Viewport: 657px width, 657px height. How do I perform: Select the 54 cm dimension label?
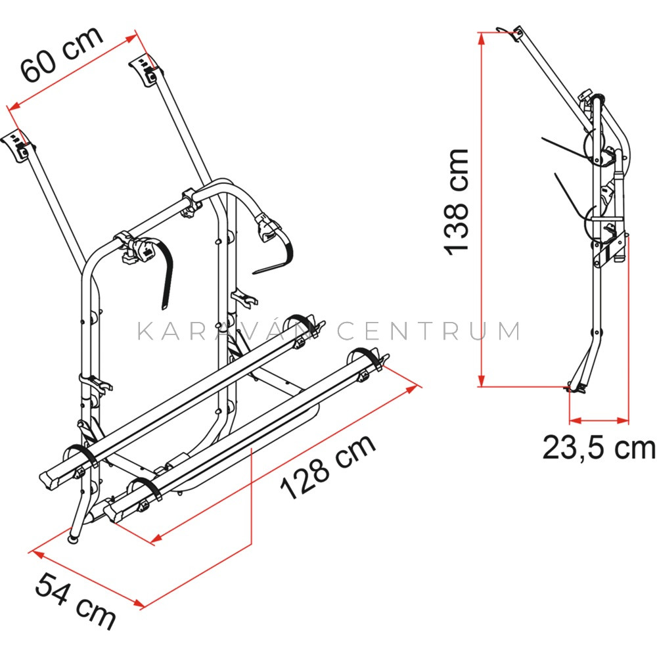click(76, 601)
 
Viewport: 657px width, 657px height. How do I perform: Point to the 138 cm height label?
click(457, 202)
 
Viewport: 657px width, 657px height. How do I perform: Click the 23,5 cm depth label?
click(599, 448)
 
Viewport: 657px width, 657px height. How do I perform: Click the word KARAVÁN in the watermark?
click(225, 330)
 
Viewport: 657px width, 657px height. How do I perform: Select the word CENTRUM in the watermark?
click(429, 330)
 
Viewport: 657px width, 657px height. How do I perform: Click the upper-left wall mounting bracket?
click(18, 147)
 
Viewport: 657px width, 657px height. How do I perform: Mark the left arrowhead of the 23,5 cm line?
click(576, 420)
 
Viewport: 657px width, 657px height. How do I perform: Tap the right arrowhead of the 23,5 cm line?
click(623, 420)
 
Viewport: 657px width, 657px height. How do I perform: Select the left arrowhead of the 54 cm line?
click(39, 555)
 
